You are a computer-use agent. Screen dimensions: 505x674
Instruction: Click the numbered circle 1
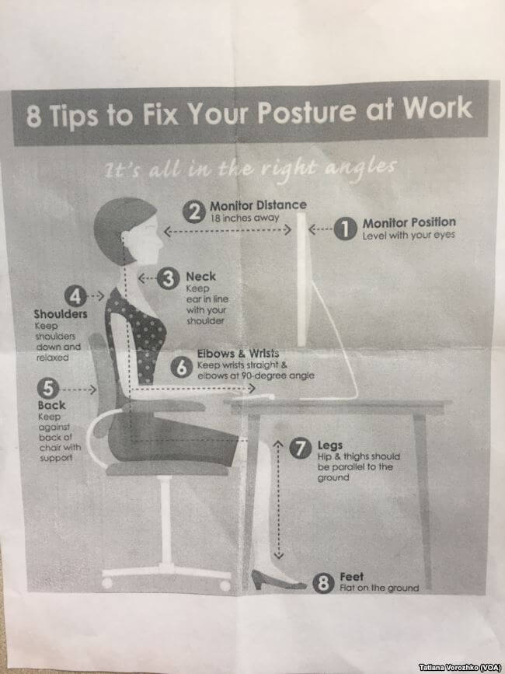(x=345, y=229)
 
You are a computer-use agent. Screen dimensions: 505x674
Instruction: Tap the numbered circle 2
(x=194, y=211)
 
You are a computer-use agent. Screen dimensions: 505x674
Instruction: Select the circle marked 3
(x=168, y=278)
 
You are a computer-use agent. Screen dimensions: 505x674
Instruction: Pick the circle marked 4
(x=75, y=297)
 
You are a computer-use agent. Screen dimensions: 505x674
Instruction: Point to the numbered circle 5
(x=48, y=389)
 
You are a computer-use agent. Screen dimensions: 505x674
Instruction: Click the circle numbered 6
(x=182, y=368)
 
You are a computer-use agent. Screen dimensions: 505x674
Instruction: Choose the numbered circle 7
(x=300, y=449)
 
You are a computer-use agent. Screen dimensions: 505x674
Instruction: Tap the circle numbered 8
(x=323, y=583)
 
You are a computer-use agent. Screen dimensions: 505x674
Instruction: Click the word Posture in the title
(x=307, y=113)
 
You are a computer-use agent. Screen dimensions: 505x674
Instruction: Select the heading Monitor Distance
(x=258, y=205)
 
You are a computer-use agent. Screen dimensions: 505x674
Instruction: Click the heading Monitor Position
(x=409, y=222)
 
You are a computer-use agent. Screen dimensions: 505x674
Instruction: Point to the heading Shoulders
(x=61, y=314)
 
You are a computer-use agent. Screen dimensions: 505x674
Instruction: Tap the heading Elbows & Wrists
(x=238, y=354)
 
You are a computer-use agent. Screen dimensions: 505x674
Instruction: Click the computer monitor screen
(x=302, y=279)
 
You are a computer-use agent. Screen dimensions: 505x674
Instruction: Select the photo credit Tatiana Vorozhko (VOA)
(x=460, y=667)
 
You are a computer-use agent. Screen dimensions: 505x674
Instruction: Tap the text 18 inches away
(x=245, y=218)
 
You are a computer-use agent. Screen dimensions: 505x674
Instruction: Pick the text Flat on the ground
(x=379, y=588)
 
